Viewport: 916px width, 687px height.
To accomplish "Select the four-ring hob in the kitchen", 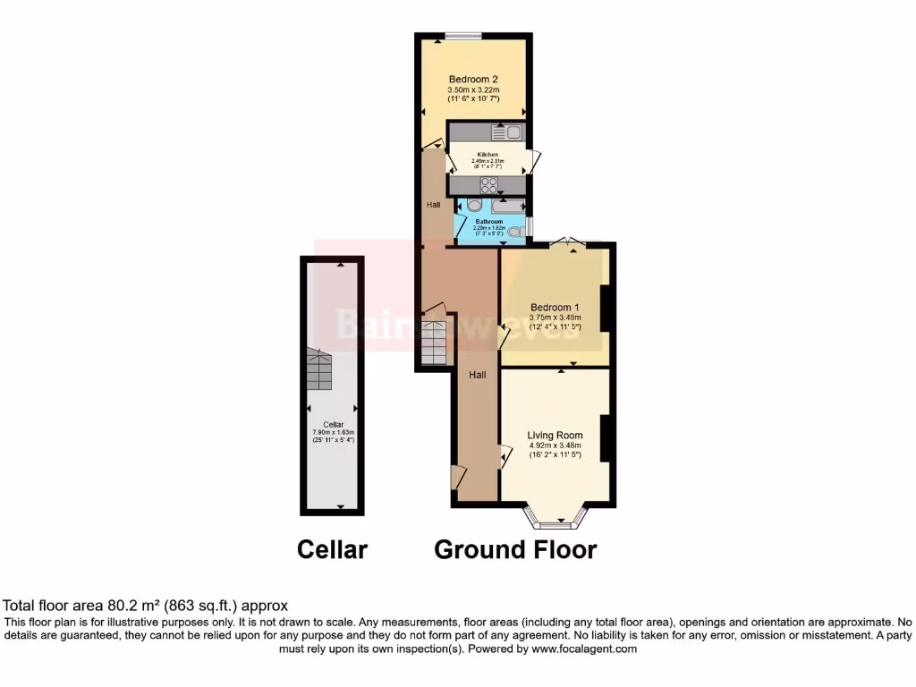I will [x=489, y=185].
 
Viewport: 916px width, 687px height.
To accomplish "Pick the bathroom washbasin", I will [x=474, y=206].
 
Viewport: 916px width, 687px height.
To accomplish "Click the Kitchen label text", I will [x=488, y=155].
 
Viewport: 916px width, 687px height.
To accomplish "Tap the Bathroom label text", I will [x=488, y=221].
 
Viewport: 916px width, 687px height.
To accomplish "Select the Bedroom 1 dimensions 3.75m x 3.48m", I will [x=555, y=318].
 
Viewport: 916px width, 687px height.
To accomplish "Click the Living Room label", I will [x=555, y=435].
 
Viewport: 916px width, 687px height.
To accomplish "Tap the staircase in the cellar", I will [x=319, y=369].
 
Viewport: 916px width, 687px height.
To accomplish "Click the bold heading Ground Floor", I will [x=515, y=548].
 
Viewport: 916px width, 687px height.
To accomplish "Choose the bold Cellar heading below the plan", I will [x=332, y=548].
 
